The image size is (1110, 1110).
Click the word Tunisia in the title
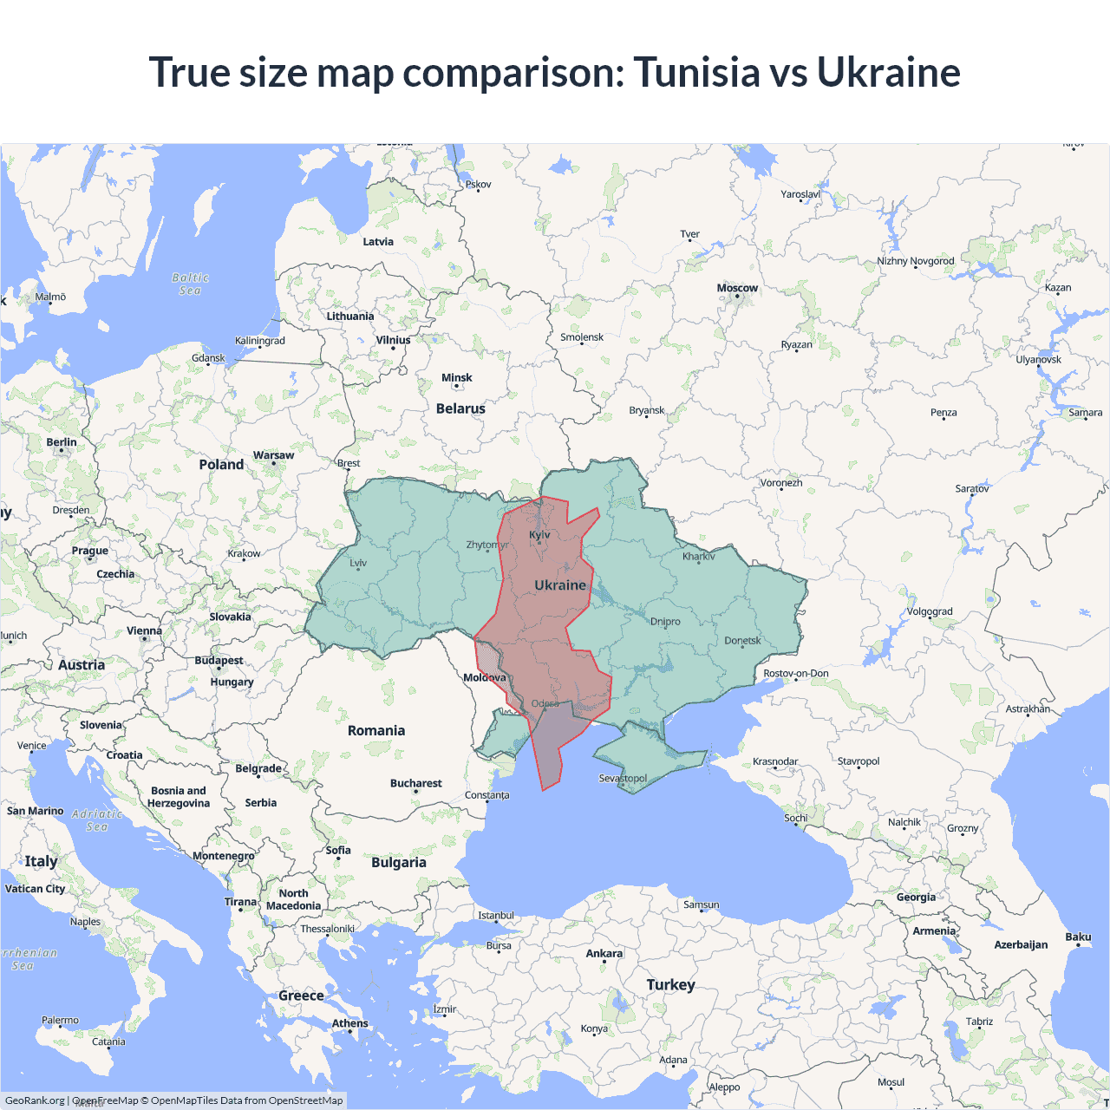click(697, 72)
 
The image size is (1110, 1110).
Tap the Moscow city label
click(737, 288)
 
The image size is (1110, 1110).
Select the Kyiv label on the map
click(539, 534)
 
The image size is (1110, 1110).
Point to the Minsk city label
click(456, 377)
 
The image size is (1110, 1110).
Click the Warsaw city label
click(273, 455)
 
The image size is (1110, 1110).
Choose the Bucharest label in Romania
click(415, 783)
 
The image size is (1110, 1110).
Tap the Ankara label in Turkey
click(604, 953)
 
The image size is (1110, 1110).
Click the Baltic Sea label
click(190, 284)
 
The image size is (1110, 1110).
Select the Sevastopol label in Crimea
click(623, 778)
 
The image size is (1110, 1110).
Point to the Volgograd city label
click(930, 611)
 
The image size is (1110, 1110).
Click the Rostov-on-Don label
click(796, 673)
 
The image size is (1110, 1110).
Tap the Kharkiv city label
click(698, 556)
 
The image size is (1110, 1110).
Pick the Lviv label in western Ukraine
click(358, 563)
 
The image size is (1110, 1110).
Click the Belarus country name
click(460, 408)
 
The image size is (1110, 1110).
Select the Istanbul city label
click(496, 915)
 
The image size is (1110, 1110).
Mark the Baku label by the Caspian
click(1078, 937)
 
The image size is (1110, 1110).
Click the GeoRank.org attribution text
click(35, 1100)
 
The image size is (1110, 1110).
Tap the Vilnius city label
click(393, 340)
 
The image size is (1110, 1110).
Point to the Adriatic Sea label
click(97, 820)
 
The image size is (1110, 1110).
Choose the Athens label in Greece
click(349, 1023)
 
